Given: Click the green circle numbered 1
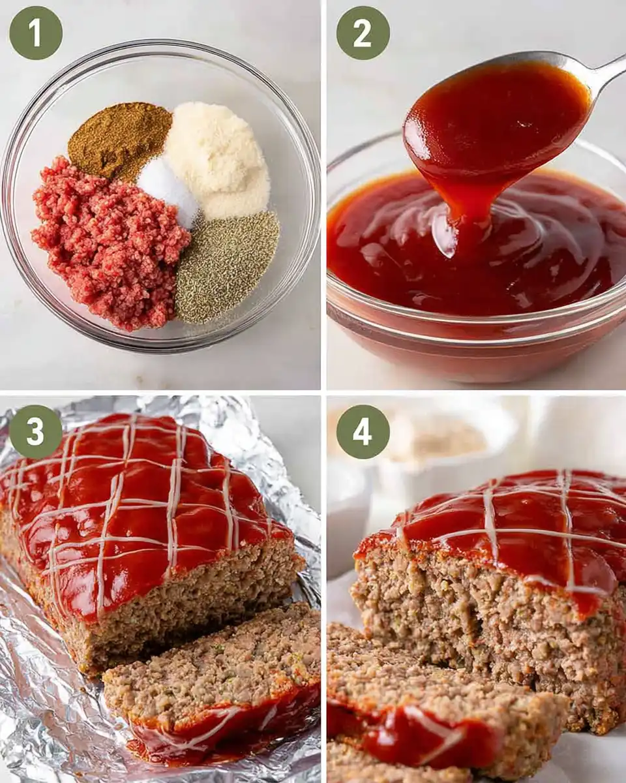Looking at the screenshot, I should [36, 33].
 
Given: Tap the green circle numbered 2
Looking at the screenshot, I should [363, 33].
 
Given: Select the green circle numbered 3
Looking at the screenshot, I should [36, 431].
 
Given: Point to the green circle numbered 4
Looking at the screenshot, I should [363, 431].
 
